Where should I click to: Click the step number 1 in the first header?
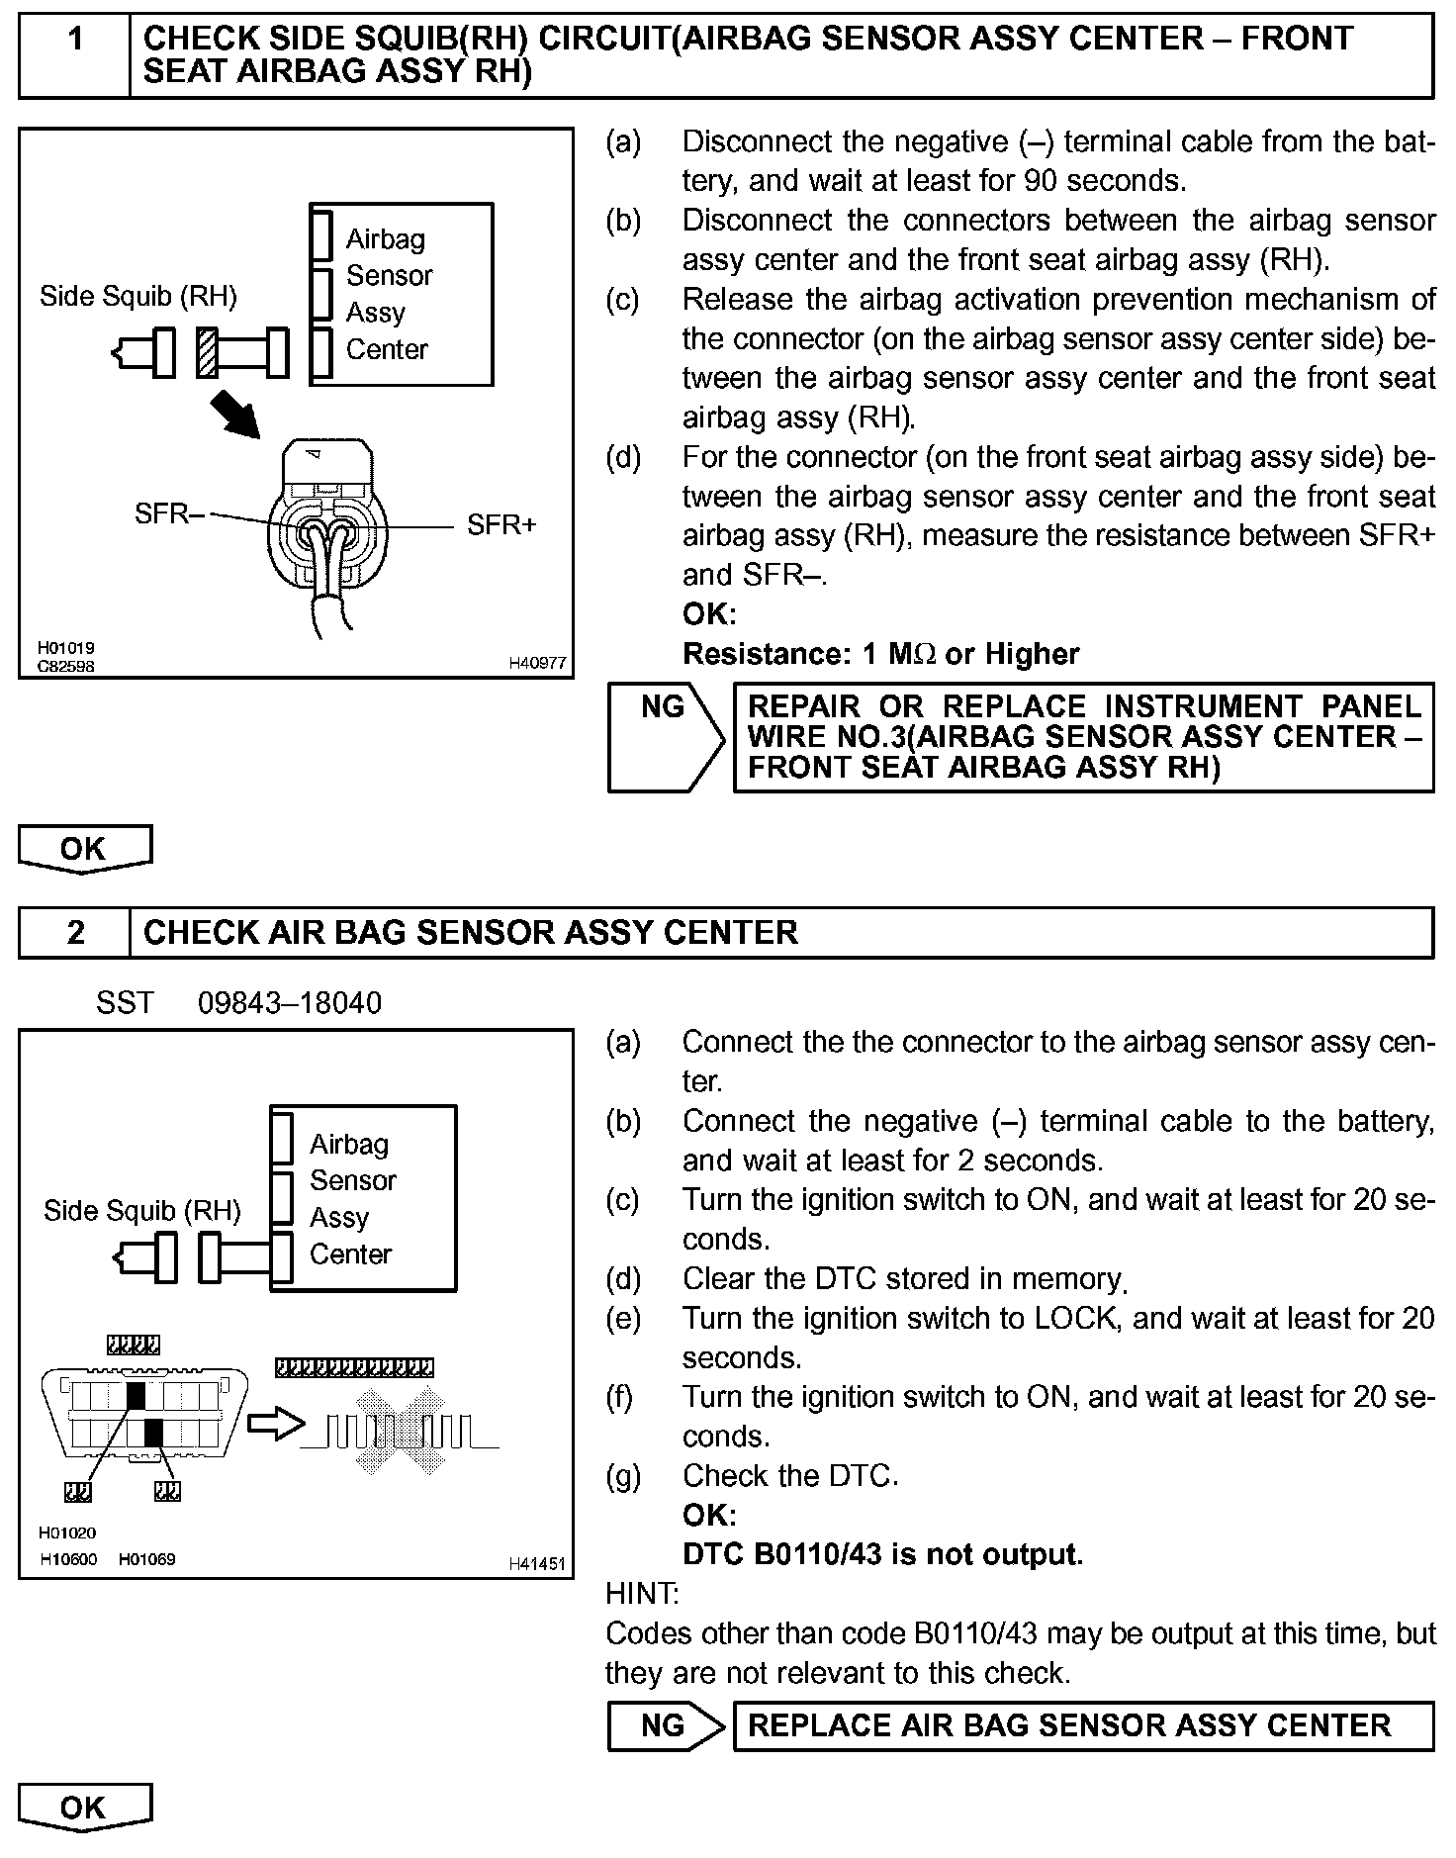coord(75,40)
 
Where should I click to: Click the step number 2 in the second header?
coord(75,932)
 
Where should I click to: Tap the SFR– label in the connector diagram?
coord(169,513)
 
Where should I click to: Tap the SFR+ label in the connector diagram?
coord(501,524)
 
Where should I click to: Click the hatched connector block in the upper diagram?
coord(207,352)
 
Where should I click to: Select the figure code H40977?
coord(537,663)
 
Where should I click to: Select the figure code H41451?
coord(537,1563)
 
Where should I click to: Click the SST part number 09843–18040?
coord(289,1003)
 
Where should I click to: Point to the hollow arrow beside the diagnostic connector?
coord(276,1424)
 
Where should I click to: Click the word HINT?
coord(641,1593)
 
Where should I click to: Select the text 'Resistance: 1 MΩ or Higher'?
coord(880,654)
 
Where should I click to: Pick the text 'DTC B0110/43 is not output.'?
coord(882,1554)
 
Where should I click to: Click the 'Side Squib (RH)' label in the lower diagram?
coord(142,1211)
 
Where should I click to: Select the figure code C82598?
coord(66,666)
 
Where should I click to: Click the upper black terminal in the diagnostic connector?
coord(136,1396)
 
